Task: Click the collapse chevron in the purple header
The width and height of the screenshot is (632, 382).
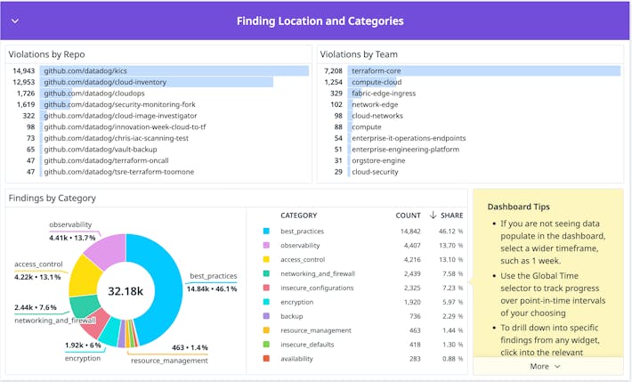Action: (x=15, y=20)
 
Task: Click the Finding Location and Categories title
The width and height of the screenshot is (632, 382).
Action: (x=320, y=20)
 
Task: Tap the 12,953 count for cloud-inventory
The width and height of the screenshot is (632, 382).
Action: (x=24, y=82)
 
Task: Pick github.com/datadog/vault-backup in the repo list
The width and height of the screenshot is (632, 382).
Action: (x=94, y=150)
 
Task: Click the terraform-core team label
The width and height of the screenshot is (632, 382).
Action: (x=377, y=70)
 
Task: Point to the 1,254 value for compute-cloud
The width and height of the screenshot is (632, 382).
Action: (x=333, y=82)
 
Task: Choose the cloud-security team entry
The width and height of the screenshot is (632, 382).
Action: (x=375, y=172)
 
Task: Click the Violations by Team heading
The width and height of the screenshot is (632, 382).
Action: (x=360, y=53)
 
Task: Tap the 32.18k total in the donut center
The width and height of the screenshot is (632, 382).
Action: (x=126, y=290)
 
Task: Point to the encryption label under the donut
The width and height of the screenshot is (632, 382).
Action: (x=83, y=358)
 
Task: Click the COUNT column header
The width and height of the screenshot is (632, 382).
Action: (x=408, y=215)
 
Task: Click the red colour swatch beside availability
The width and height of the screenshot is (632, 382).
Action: (x=266, y=358)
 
